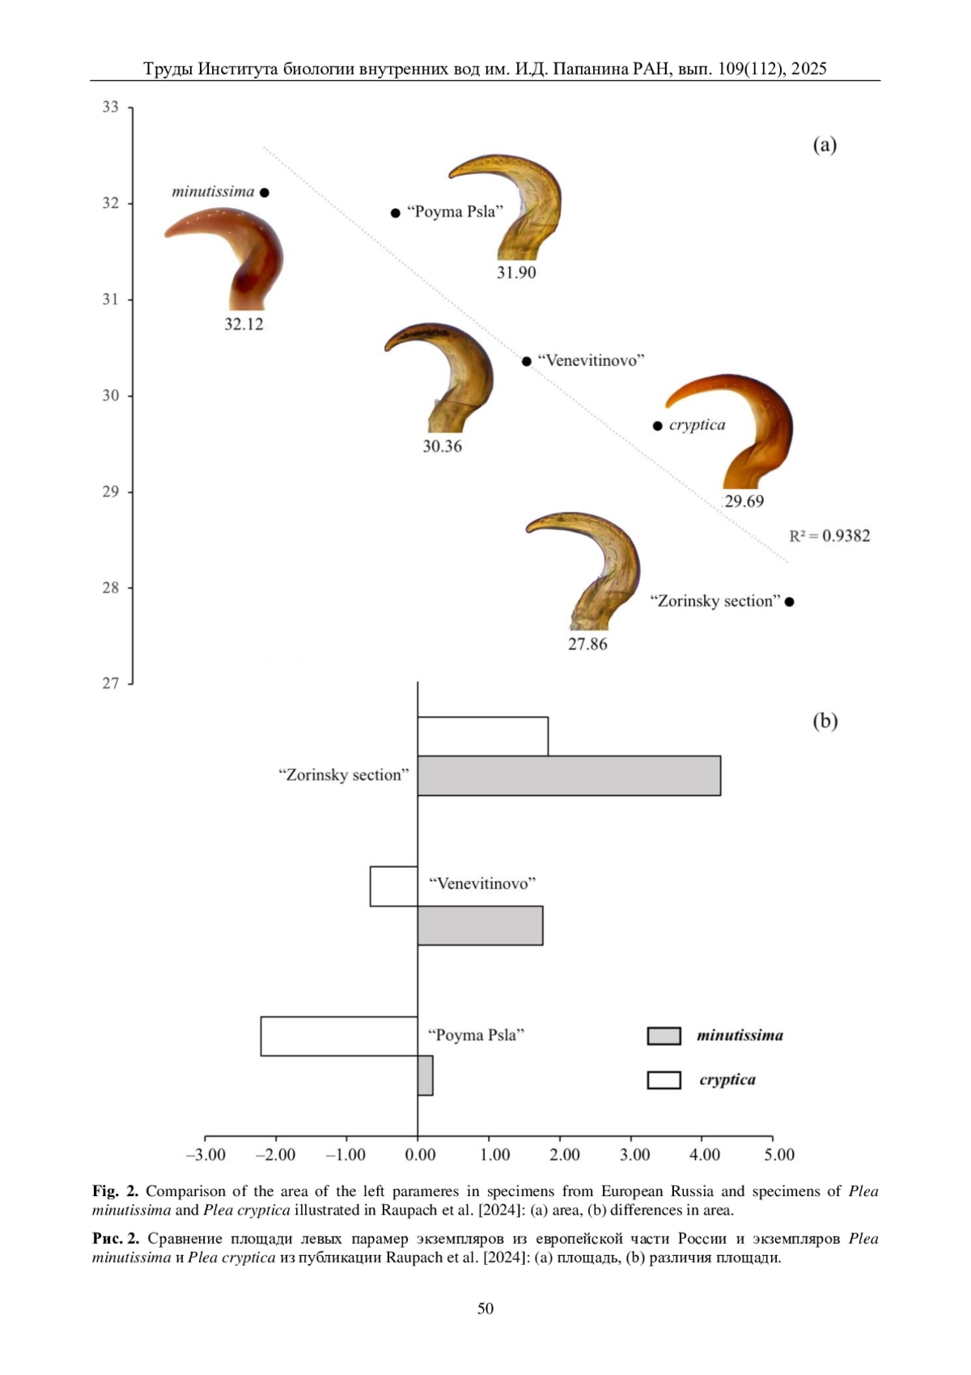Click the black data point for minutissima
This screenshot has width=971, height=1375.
point(265,193)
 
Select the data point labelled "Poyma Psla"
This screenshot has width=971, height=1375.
point(396,213)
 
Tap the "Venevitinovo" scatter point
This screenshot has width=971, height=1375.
point(527,361)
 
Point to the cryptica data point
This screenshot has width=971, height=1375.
point(658,426)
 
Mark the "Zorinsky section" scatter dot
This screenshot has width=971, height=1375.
point(790,602)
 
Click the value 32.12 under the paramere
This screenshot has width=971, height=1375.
point(244,325)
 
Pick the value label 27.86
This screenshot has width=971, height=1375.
point(587,645)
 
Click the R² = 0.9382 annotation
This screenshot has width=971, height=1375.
point(829,536)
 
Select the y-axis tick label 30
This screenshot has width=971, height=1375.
point(110,396)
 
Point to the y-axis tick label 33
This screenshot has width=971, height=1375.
point(110,108)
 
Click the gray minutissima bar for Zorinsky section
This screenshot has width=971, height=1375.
point(569,776)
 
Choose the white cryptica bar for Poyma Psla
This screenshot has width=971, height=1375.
point(339,1037)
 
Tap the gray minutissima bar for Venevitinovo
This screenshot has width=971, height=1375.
point(480,926)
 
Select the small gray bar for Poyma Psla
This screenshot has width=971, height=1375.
point(426,1075)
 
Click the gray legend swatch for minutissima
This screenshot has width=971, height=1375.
point(664,1036)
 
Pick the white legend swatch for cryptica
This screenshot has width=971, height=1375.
point(664,1080)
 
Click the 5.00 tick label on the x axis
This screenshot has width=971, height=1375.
point(779,1155)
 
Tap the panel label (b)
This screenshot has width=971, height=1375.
point(825,722)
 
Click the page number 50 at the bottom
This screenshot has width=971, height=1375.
point(485,1309)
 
